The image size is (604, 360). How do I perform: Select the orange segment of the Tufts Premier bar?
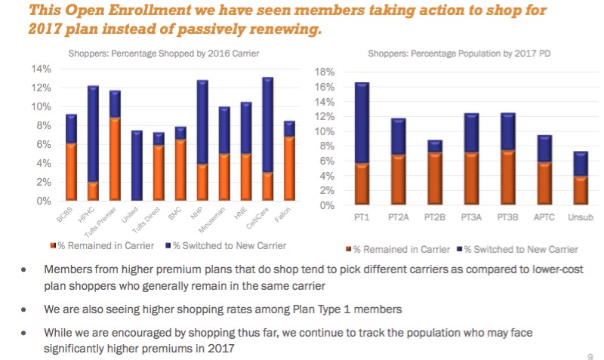coord(115,159)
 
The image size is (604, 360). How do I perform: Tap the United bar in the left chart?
coord(137,166)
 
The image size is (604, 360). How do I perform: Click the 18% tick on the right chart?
coord(324,72)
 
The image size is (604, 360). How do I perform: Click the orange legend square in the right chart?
coord(347,249)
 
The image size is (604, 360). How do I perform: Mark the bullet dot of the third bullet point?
coord(26,333)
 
